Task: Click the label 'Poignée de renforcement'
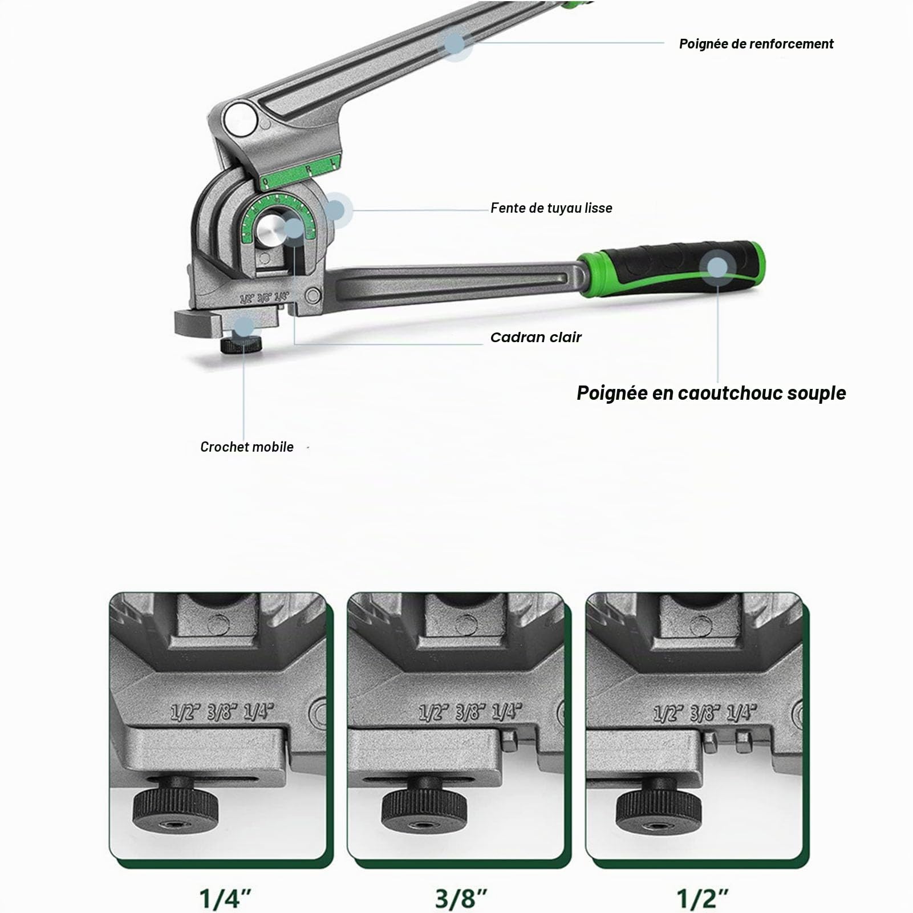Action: click(x=756, y=44)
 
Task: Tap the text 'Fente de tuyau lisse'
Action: click(x=551, y=208)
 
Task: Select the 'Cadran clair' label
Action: click(x=536, y=337)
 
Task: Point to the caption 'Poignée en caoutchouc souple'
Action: click(x=711, y=393)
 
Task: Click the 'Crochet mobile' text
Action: click(x=247, y=447)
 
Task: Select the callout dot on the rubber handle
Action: click(x=718, y=267)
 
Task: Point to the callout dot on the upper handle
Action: click(x=455, y=43)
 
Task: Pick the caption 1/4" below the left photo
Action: click(x=226, y=898)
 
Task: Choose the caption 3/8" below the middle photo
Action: click(x=461, y=898)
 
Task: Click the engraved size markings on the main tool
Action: click(x=265, y=297)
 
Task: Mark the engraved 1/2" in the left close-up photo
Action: click(x=186, y=713)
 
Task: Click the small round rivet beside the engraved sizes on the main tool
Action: click(x=313, y=295)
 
